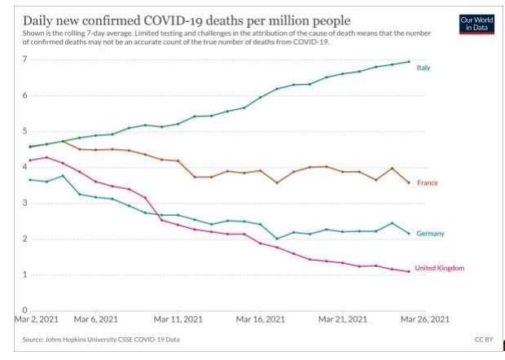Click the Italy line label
point(423,68)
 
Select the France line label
point(427,182)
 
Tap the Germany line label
point(430,234)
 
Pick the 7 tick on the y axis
point(25,59)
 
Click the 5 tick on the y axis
point(25,131)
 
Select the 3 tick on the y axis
point(25,203)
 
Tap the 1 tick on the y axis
point(25,274)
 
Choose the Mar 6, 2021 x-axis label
point(96,318)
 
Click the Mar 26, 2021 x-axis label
point(425,318)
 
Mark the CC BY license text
point(482,338)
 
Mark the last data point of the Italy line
point(408,62)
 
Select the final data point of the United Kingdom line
point(408,271)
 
